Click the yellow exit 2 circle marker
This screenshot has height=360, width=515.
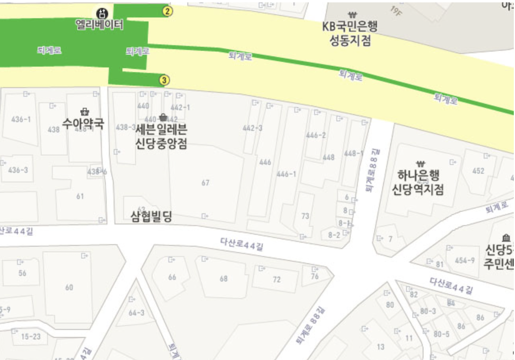(x=168, y=11)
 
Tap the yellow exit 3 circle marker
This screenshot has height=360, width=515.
(x=164, y=80)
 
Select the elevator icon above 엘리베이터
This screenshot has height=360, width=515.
(x=102, y=14)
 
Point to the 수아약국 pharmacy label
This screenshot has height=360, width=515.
(x=83, y=124)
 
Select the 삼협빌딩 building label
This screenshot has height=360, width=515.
(x=152, y=216)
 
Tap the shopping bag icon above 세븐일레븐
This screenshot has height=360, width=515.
(x=162, y=117)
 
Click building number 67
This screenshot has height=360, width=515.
(x=205, y=183)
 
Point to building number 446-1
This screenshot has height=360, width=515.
(x=286, y=174)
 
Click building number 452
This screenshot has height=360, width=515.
(x=478, y=171)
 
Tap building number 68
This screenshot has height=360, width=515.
(x=224, y=279)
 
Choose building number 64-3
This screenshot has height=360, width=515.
(x=137, y=313)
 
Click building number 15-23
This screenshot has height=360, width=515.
(x=31, y=337)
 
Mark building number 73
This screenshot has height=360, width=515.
(x=305, y=216)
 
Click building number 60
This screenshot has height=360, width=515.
(x=69, y=287)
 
